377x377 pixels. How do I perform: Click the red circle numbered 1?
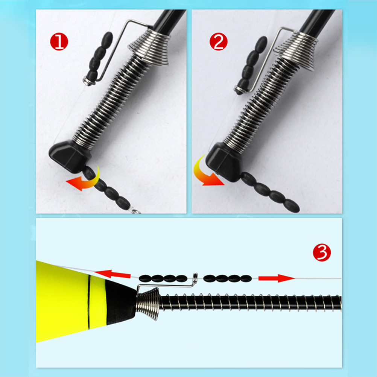coord(59,41)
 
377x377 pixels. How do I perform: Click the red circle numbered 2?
coord(219,41)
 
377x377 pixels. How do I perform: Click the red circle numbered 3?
coord(322,252)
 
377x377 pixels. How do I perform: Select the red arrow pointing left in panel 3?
coord(112,274)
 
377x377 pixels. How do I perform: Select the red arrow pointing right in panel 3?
coord(277,278)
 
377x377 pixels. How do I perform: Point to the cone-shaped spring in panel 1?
coord(149,48)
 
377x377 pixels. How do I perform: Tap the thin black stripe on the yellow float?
coord(89,302)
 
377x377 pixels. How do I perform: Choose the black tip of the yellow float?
coord(120,303)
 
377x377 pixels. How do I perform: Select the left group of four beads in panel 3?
coord(163,279)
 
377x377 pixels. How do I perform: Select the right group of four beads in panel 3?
coord(228,279)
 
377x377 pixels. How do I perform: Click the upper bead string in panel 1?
coord(99,57)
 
